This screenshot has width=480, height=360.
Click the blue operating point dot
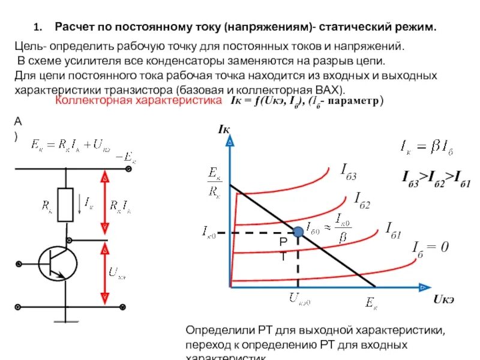tap(298, 232)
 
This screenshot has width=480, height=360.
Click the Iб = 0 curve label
tap(430, 247)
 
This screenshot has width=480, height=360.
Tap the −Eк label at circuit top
tap(127, 157)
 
